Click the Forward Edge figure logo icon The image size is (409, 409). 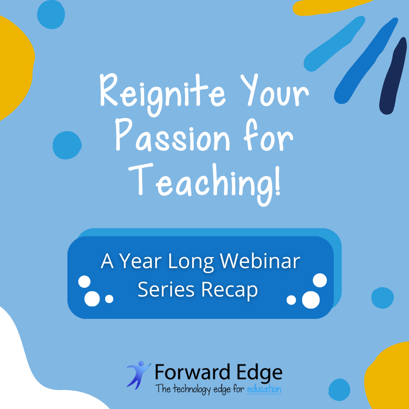(x=139, y=375)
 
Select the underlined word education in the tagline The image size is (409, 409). (x=264, y=389)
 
